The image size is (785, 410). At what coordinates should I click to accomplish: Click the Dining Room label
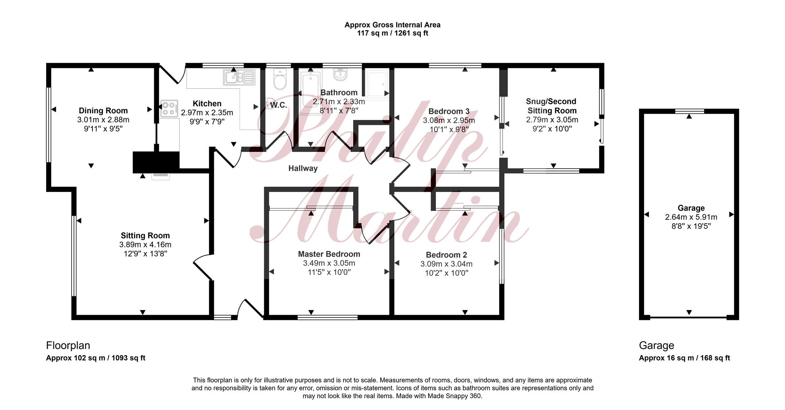point(103,110)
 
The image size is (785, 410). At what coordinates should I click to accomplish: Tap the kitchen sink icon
point(239,77)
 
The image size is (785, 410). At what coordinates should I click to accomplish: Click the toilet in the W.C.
point(280,79)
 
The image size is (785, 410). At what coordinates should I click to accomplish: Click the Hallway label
point(303,168)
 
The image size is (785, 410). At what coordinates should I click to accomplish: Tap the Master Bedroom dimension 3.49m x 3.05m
point(329,263)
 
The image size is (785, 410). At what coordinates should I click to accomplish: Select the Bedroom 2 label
point(446,255)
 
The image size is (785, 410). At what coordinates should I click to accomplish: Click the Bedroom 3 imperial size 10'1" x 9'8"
point(449,129)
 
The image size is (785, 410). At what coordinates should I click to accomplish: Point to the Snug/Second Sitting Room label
point(552,106)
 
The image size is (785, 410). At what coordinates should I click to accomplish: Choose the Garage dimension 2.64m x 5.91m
point(691,217)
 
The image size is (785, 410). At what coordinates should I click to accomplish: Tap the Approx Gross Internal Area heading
point(392,25)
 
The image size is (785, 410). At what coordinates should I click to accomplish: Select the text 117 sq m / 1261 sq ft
point(392,33)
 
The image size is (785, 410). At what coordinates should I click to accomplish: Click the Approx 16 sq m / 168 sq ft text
point(684,358)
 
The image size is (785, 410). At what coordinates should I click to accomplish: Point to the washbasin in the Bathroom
point(341,75)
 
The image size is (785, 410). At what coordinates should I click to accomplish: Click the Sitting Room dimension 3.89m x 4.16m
point(145,245)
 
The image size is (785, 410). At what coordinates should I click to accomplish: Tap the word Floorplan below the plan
point(68,346)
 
